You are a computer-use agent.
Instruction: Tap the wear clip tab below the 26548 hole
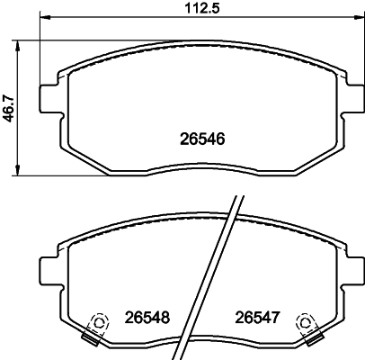pos(90,338)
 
